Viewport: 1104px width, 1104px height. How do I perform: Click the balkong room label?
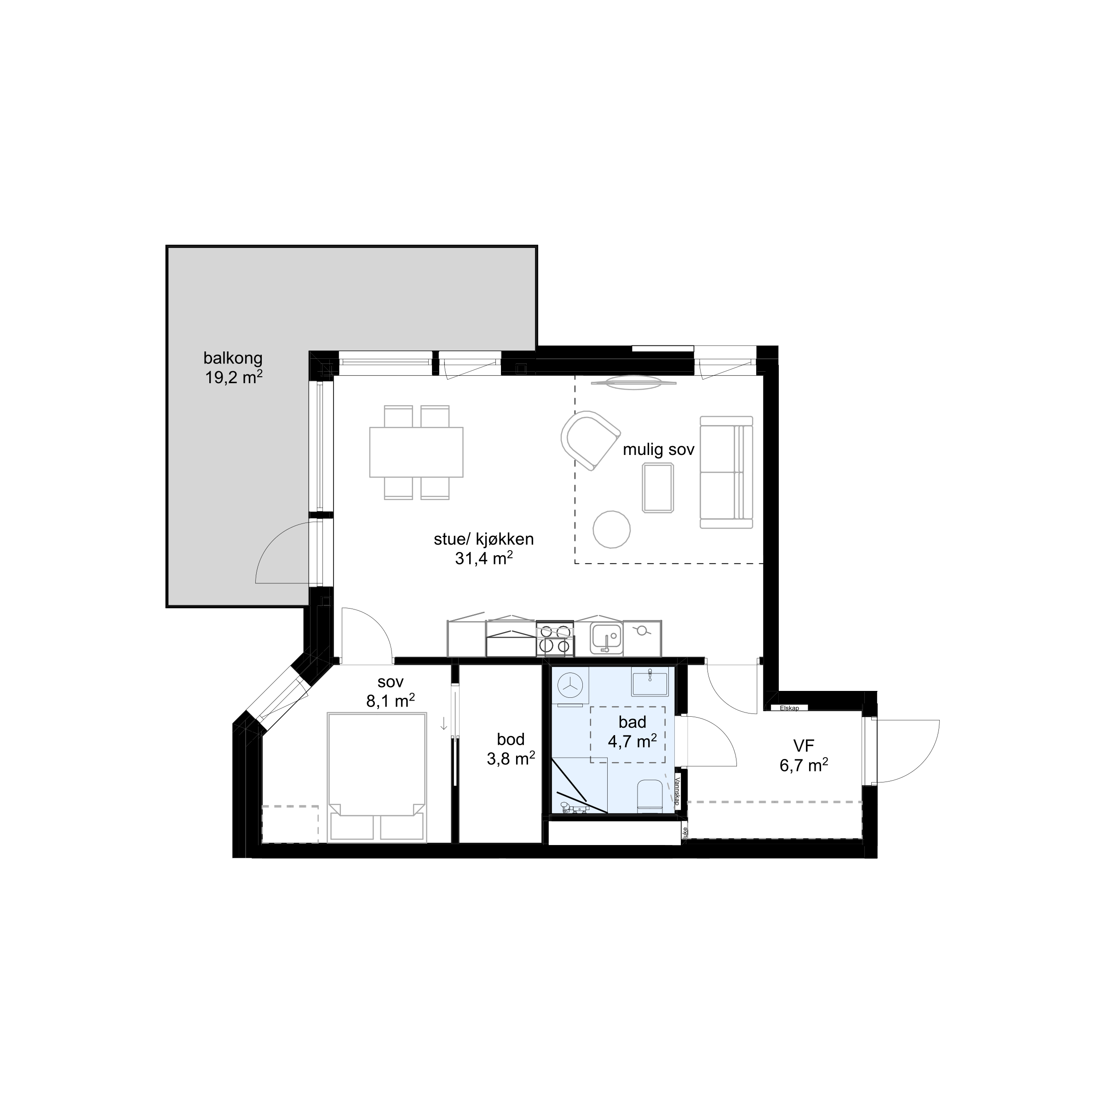pyautogui.click(x=233, y=358)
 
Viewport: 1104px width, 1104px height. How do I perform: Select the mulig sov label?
pyautogui.click(x=658, y=450)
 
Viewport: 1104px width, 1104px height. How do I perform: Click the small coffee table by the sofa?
pyautogui.click(x=658, y=488)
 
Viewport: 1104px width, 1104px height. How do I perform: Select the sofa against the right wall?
pyautogui.click(x=726, y=472)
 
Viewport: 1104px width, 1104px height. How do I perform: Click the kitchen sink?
pyautogui.click(x=606, y=638)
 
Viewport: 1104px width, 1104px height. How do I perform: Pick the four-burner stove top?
pyautogui.click(x=555, y=639)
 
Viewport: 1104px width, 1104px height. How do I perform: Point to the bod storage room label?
pyautogui.click(x=510, y=739)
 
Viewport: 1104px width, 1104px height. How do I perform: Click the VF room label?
pyautogui.click(x=804, y=745)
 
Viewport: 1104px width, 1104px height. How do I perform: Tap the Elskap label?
pyautogui.click(x=789, y=708)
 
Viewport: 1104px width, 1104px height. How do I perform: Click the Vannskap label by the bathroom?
pyautogui.click(x=677, y=791)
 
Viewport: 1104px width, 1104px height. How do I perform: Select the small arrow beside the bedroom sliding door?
pyautogui.click(x=444, y=724)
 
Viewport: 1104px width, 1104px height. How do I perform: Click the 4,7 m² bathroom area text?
pyautogui.click(x=632, y=742)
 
